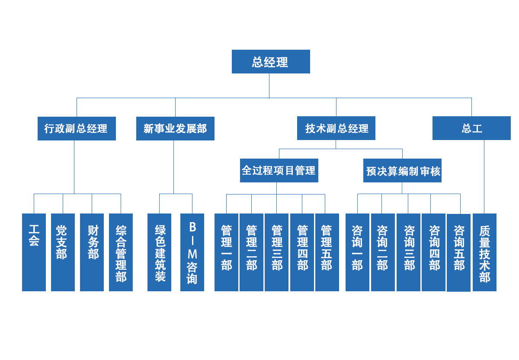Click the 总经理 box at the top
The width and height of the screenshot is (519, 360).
(271, 62)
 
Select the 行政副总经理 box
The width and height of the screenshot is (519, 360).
(77, 128)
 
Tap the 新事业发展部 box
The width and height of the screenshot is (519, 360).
(175, 128)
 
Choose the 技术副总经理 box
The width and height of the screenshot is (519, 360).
(336, 128)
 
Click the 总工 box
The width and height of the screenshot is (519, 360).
(471, 128)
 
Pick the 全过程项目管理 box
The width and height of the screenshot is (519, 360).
(279, 170)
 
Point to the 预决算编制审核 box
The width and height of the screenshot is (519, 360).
(402, 171)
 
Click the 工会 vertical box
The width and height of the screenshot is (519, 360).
(34, 252)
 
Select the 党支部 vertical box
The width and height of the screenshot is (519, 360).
(63, 252)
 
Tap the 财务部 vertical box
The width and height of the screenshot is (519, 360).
(92, 252)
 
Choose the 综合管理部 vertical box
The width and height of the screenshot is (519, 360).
(121, 252)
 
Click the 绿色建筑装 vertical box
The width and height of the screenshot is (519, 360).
(159, 252)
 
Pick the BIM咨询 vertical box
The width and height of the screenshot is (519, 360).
(192, 252)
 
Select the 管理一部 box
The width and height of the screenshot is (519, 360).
(226, 252)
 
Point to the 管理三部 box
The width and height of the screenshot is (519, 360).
(276, 252)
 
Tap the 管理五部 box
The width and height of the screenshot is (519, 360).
(327, 252)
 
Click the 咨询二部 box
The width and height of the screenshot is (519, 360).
(383, 252)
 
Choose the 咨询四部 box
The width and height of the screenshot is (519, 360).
(433, 252)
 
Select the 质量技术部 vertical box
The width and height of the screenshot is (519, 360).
(484, 252)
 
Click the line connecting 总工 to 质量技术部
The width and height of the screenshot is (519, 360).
(484, 177)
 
